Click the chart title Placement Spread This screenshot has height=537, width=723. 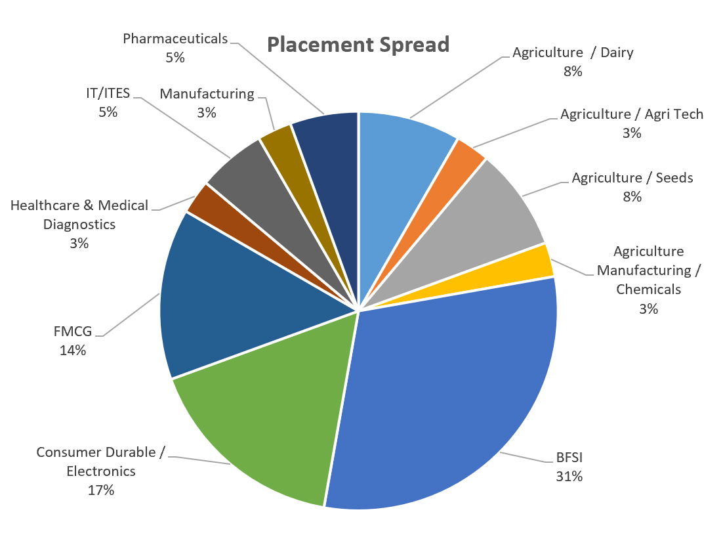tap(358, 45)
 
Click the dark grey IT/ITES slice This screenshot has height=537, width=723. tap(243, 177)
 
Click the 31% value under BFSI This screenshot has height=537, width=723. tap(569, 477)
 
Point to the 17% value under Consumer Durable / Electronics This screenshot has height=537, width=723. tap(101, 490)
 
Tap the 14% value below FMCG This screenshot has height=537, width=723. tap(72, 350)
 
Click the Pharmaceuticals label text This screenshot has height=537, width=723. tap(175, 39)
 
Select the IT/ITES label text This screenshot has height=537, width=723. tap(108, 93)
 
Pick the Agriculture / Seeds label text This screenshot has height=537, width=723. tap(632, 177)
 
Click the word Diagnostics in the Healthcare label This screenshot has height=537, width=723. tap(79, 224)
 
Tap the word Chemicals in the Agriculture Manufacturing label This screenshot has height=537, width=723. tap(648, 289)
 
